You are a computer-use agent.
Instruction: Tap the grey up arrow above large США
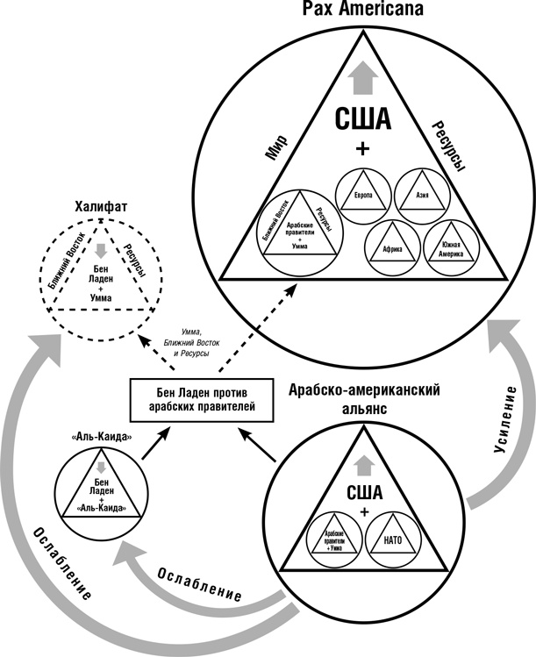pos(361,81)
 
